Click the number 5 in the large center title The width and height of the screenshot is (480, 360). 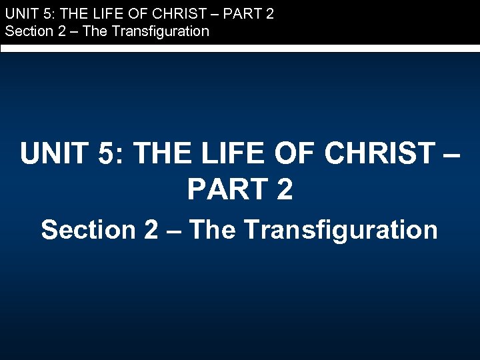107,154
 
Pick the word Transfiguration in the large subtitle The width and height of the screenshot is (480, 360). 341,229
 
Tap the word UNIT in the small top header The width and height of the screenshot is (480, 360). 20,13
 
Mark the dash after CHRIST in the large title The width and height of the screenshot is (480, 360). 449,155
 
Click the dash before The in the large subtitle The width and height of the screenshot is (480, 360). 175,231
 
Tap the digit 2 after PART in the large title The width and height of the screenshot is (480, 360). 283,190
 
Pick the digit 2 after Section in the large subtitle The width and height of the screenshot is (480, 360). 151,229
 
